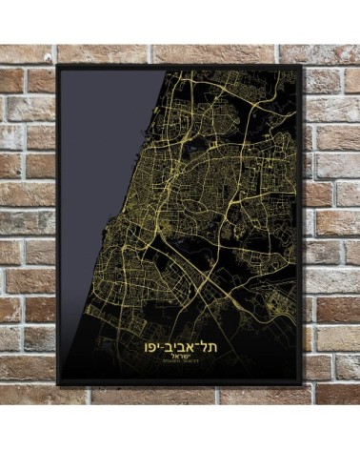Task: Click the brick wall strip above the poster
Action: (180, 52)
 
